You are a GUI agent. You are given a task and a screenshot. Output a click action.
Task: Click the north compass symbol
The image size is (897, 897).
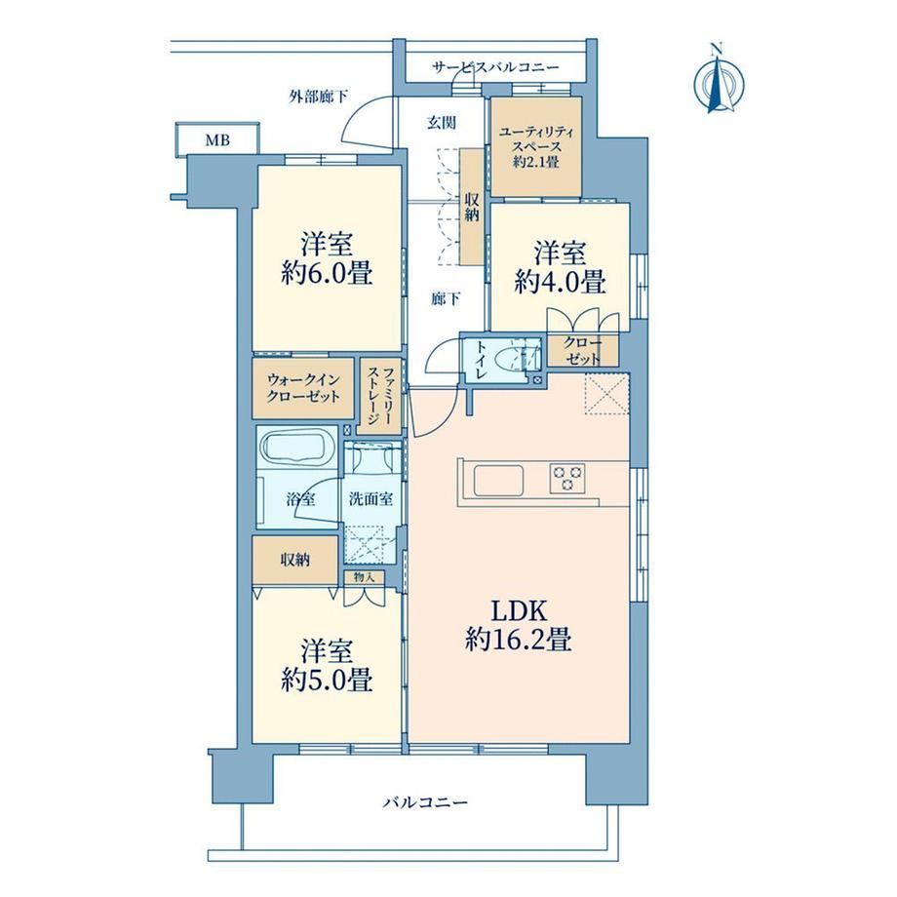718,82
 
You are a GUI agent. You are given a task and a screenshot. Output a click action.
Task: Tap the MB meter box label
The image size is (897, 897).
217,139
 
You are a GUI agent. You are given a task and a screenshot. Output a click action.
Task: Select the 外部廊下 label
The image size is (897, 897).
318,97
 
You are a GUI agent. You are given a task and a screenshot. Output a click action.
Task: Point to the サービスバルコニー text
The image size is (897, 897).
495,67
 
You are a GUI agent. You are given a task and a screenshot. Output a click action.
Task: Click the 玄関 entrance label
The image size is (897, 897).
442,122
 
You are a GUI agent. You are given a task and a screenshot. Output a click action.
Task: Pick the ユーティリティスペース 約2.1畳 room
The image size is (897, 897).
536,146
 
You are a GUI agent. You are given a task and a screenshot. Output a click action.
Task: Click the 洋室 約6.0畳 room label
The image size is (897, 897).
328,258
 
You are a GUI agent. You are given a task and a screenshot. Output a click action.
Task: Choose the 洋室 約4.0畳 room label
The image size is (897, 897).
560,268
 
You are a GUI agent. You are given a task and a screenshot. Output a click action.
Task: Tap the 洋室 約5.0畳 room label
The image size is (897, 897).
328,666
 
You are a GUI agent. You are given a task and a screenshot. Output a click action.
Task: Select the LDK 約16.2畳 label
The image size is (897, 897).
519,626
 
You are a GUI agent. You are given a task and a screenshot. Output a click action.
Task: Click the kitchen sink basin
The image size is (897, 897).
497,481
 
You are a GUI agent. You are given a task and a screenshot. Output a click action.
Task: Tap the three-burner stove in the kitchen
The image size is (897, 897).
567,479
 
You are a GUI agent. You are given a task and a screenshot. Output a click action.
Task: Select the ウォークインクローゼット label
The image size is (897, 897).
303,388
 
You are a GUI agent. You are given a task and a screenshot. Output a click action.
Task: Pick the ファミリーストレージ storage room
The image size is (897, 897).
380,396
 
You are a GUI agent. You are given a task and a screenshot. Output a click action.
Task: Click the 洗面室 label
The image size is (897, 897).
370,499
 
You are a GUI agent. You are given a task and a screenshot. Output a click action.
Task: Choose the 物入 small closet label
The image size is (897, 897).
365,577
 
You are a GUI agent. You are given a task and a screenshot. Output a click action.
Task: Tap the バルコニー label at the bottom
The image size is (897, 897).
425,802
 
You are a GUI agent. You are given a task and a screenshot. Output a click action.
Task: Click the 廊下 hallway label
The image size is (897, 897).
446,298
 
